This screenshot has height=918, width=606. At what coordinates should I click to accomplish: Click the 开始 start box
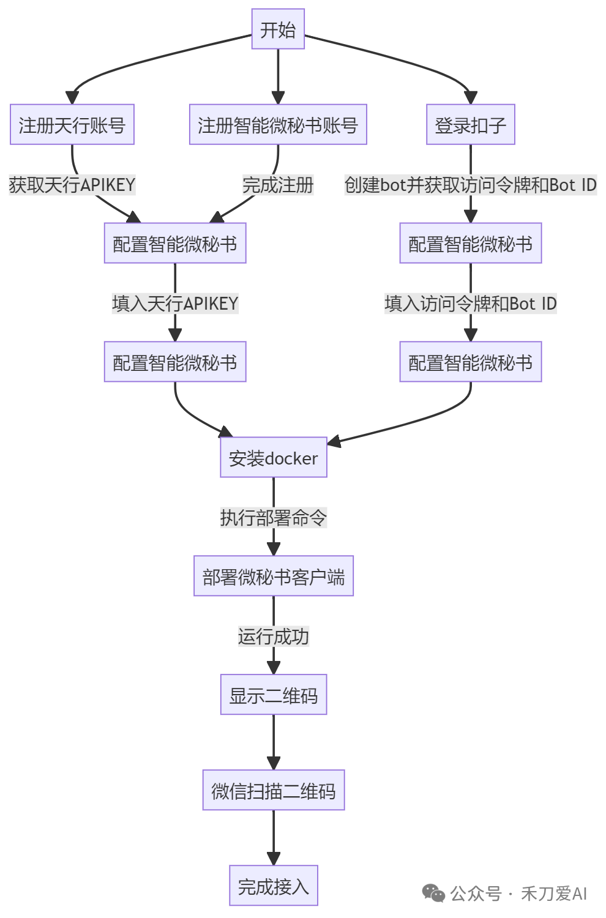[x=278, y=29]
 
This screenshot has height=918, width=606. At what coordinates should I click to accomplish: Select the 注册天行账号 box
[x=72, y=125]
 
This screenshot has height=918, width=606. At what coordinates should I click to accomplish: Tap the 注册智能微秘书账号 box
[x=278, y=125]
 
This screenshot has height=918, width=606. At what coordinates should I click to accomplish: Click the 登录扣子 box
[x=470, y=125]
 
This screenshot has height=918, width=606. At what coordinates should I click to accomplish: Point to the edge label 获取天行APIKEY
[x=72, y=185]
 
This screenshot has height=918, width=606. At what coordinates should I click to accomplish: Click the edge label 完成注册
[x=278, y=185]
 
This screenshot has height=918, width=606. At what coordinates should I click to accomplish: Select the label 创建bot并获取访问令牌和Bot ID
[x=470, y=185]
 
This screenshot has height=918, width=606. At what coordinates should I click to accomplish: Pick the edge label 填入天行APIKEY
[x=175, y=304]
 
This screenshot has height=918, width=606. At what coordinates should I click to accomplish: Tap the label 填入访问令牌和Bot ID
[x=470, y=304]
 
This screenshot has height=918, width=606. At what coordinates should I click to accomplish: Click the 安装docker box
[x=273, y=458]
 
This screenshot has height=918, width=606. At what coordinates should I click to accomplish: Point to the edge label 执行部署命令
[x=273, y=518]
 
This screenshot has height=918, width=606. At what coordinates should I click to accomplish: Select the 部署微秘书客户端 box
[x=273, y=577]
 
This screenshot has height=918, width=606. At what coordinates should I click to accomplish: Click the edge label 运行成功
[x=273, y=636]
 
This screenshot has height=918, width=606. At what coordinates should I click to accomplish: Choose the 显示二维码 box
[x=273, y=695]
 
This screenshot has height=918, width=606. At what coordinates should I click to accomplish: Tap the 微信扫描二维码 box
[x=273, y=791]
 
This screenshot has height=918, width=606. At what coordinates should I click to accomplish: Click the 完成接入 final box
[x=273, y=886]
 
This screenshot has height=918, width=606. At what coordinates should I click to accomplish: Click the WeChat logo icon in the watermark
[x=433, y=894]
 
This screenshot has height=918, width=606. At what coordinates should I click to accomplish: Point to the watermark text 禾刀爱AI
[x=554, y=894]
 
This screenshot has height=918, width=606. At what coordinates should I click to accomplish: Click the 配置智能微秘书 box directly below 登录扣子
[x=470, y=244]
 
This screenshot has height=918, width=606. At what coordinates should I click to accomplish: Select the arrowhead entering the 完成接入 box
[x=273, y=859]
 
